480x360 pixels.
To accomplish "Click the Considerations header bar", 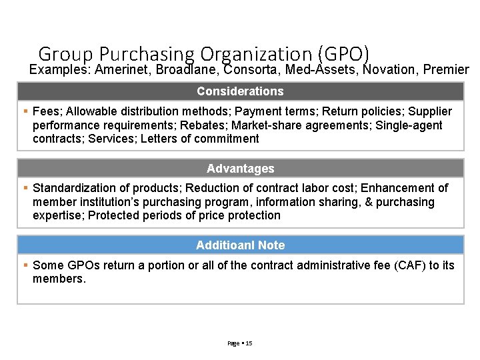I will coord(240,91).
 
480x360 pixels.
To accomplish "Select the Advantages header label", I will coord(240,169).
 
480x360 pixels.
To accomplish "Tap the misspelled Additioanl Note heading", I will coord(240,245).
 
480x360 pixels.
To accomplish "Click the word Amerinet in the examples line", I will coord(123,70).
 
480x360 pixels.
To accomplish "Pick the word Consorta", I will coord(248,70).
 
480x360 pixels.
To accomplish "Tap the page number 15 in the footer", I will coord(249,343).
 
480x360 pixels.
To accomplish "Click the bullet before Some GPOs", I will coord(25,265).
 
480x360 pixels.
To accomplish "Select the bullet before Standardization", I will coord(25,188).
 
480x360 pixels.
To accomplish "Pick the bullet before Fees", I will coord(25,111).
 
